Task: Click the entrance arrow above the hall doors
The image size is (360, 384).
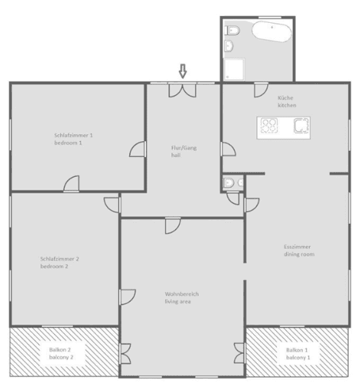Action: pyautogui.click(x=182, y=71)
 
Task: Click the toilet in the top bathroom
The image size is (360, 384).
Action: pyautogui.click(x=232, y=31)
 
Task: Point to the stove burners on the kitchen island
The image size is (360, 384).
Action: pyautogui.click(x=269, y=125)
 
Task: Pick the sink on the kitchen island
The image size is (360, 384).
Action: pyautogui.click(x=301, y=125)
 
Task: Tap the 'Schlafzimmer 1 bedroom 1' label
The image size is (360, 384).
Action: pyautogui.click(x=74, y=138)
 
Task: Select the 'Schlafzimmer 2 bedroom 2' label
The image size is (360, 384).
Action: pyautogui.click(x=59, y=262)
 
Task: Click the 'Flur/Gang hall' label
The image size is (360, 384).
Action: pyautogui.click(x=182, y=152)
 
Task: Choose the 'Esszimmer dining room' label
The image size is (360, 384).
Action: pyautogui.click(x=299, y=250)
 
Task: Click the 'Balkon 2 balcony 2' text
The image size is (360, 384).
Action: pyautogui.click(x=58, y=353)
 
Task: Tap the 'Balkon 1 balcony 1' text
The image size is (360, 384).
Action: pyautogui.click(x=297, y=353)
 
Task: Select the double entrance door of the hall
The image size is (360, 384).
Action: pyautogui.click(x=182, y=90)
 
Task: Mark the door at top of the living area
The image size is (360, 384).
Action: pyautogui.click(x=172, y=226)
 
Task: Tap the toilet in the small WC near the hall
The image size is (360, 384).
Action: pyautogui.click(x=228, y=183)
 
